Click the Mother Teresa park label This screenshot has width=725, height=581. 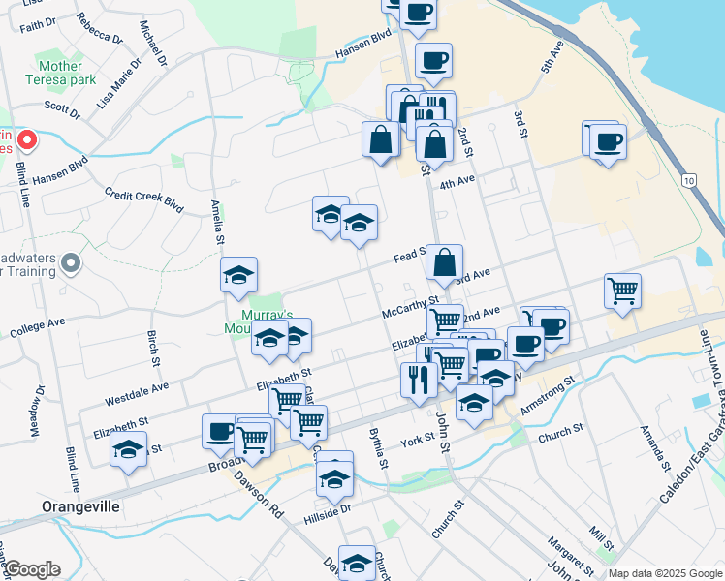pos(67,75)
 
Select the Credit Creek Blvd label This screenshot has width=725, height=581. pos(143,200)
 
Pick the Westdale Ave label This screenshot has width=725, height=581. pos(137,393)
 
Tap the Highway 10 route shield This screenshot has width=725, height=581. pos(688,181)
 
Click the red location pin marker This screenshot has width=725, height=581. pos(27,141)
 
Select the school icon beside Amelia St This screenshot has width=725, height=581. pos(238,277)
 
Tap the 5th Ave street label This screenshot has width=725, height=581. pos(552,61)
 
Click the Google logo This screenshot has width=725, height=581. pos(32,569)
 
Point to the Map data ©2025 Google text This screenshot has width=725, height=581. pos(665,573)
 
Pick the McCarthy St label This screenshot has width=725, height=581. pos(412,311)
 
